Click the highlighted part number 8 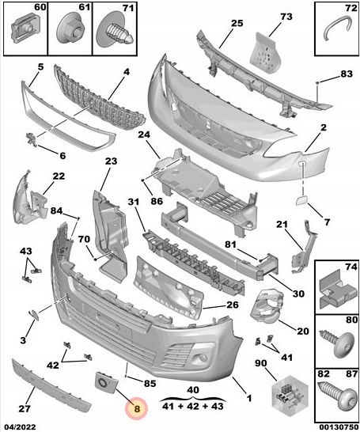[137, 408]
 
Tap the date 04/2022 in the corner [20, 427]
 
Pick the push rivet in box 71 [116, 31]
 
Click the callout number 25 [237, 24]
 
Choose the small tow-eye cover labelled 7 [302, 201]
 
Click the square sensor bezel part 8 [106, 382]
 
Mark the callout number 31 [134, 202]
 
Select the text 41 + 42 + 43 [193, 406]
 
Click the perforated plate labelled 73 [265, 53]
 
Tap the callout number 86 [157, 201]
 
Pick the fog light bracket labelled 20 [267, 306]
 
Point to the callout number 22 [59, 176]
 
